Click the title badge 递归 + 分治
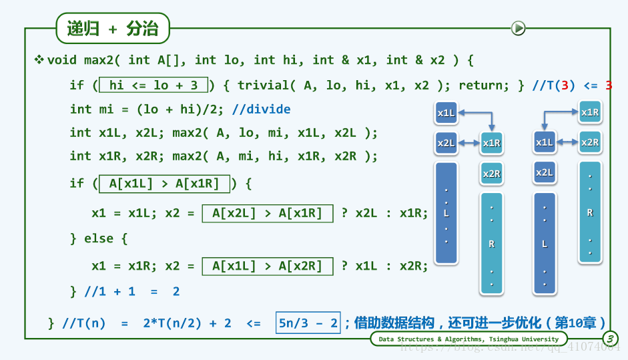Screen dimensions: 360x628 click(x=112, y=29)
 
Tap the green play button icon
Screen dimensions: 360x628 click(x=518, y=28)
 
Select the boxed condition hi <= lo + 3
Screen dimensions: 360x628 click(x=153, y=85)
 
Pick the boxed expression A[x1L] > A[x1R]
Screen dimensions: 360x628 click(x=164, y=183)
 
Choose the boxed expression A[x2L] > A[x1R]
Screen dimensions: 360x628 click(x=267, y=213)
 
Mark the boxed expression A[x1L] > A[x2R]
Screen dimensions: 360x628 click(x=267, y=266)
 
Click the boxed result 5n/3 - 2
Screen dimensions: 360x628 click(x=309, y=323)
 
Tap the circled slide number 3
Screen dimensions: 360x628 click(x=610, y=339)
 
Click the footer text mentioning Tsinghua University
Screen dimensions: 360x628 click(x=468, y=339)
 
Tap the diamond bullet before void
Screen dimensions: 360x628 click(x=39, y=60)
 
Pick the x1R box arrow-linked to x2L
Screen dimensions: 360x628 click(x=491, y=143)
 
